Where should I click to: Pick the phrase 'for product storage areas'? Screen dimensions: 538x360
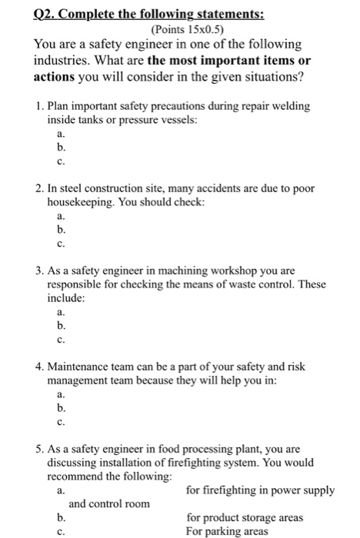(x=245, y=517)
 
